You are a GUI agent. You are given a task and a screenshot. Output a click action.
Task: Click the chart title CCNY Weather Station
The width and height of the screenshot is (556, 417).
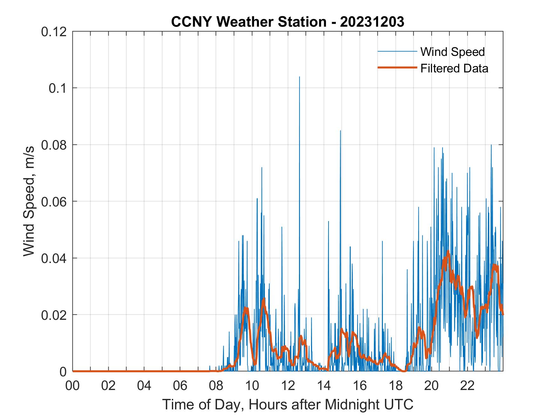point(288,22)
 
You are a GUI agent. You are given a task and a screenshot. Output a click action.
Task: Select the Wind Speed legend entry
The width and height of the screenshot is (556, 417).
point(452,52)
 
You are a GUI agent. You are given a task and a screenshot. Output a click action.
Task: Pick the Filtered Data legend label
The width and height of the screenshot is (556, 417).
point(454,68)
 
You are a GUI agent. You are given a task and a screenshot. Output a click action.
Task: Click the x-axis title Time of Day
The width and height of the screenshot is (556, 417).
point(288,404)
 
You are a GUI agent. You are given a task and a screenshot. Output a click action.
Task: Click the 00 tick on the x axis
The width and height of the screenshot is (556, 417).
point(73,386)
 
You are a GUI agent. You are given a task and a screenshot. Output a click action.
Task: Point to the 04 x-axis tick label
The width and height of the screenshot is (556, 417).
point(144,386)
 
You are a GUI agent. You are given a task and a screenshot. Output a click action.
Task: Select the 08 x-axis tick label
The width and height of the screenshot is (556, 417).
point(216,386)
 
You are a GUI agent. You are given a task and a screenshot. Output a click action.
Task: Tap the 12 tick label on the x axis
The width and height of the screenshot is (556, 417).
point(288,386)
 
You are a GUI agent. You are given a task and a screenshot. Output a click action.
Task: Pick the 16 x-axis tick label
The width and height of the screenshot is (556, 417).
point(360,386)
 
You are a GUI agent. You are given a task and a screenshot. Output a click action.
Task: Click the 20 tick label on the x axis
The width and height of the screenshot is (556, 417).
point(431,386)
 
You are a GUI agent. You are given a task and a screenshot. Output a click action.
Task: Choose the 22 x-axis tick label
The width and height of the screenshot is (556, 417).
point(467,386)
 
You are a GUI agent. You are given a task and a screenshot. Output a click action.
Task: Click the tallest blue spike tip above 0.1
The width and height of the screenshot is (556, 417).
point(299,77)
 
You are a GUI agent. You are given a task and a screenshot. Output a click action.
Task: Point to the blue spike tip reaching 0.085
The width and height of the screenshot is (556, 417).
point(340,131)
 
